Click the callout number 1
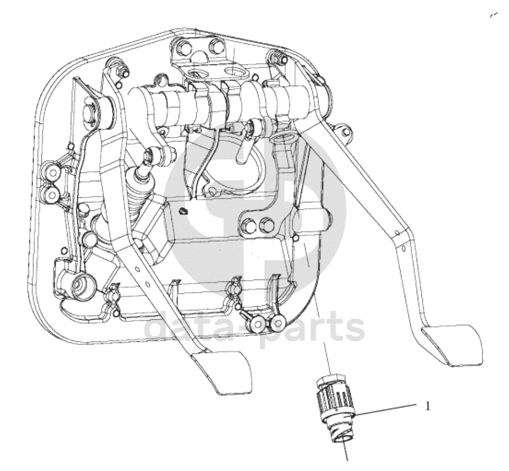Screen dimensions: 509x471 pos(427,406)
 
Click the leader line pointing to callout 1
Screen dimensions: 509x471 pos(387,410)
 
